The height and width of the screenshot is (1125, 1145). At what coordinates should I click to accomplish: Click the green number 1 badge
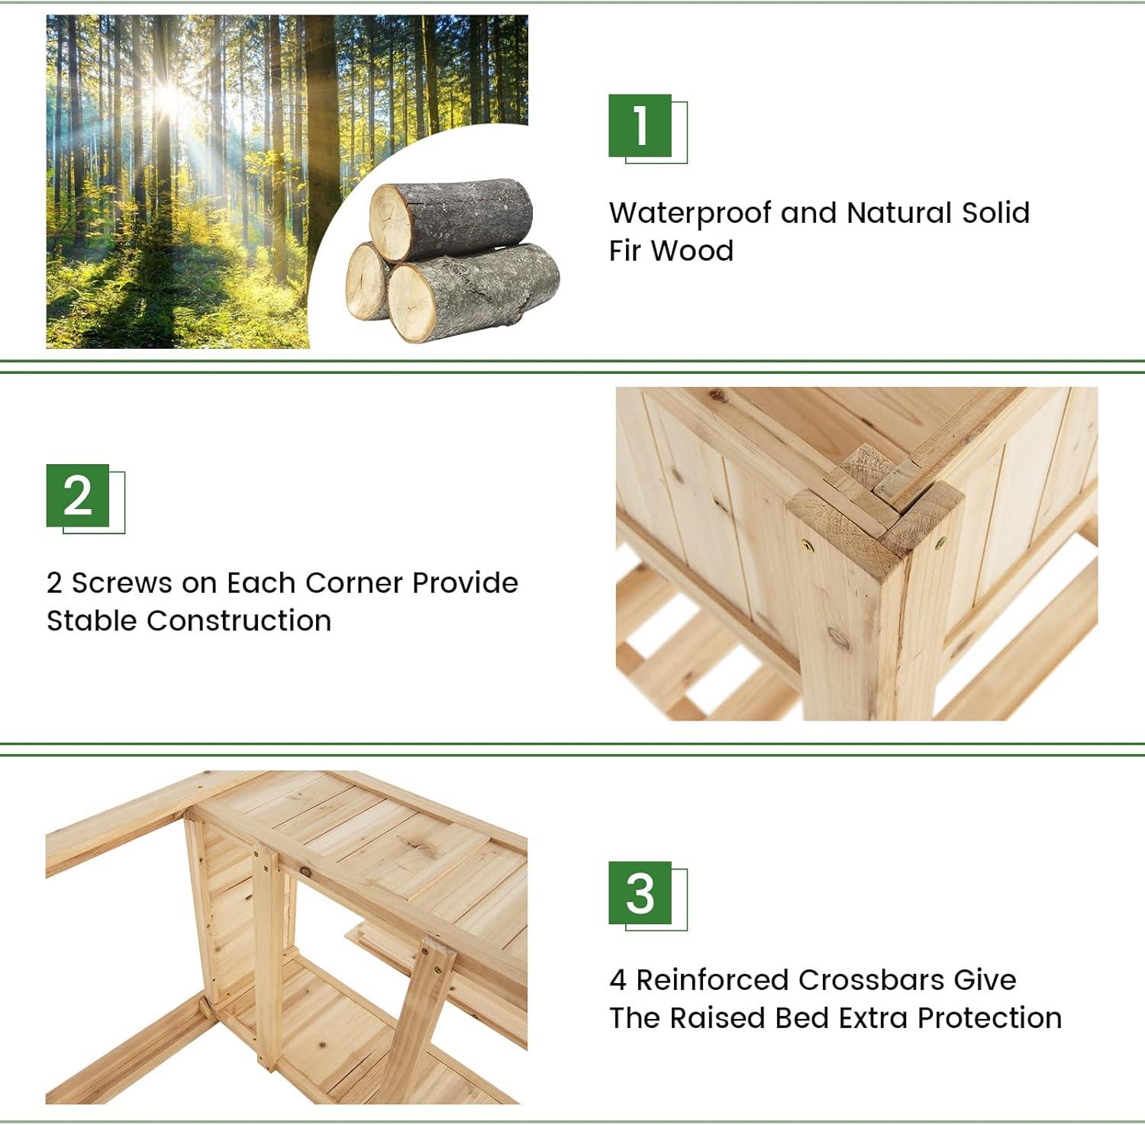click(x=640, y=126)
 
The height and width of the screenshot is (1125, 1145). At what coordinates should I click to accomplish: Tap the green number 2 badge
click(x=78, y=496)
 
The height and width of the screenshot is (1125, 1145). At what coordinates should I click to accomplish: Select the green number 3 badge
click(x=640, y=893)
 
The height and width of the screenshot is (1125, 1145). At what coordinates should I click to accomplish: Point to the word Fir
click(x=625, y=250)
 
